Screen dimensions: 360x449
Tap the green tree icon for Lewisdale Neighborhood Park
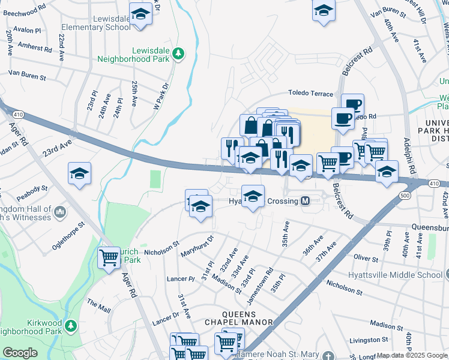pos(178,55)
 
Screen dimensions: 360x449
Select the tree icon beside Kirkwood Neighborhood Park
pos(71,326)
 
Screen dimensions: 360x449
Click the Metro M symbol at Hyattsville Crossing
pos(306,201)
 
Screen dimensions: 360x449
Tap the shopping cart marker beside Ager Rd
pos(109,258)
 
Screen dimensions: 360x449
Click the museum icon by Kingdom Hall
pos(60,212)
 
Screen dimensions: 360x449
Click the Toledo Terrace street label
pos(310,94)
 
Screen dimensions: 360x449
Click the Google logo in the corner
pos(20,353)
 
